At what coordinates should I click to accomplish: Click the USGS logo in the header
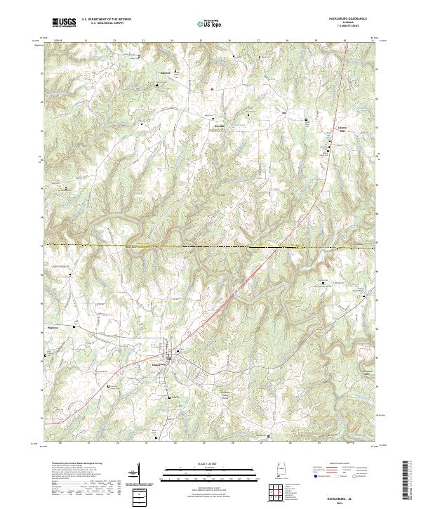[x=63, y=22]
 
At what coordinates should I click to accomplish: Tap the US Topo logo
[x=210, y=22]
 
